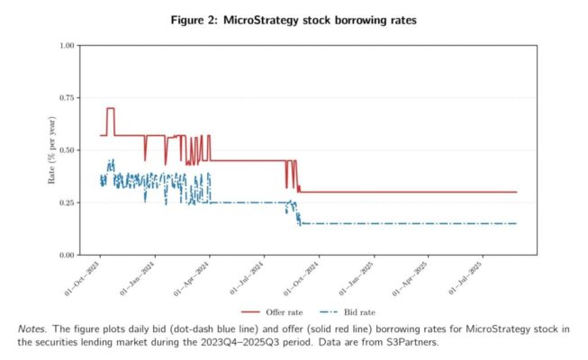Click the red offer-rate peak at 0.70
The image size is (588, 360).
pyautogui.click(x=111, y=109)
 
